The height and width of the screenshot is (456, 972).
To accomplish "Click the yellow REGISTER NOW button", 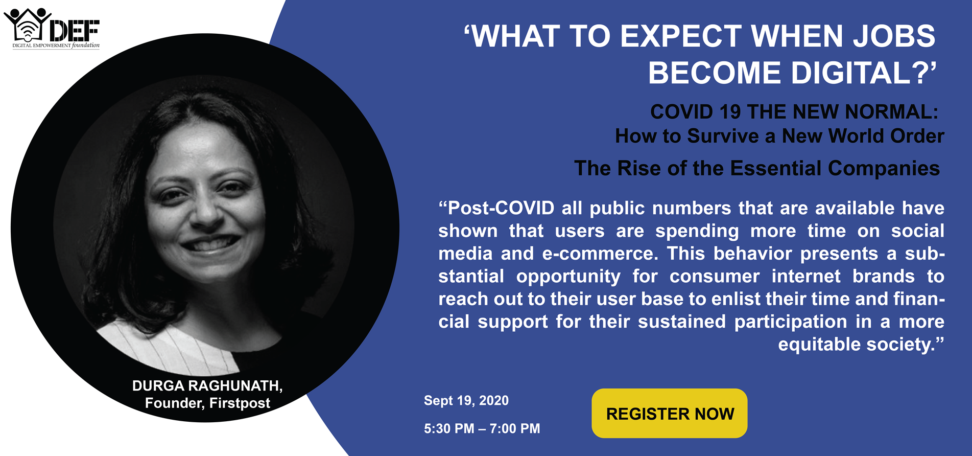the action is pos(669,413).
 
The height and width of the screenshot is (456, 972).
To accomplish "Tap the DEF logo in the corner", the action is pos(52,28).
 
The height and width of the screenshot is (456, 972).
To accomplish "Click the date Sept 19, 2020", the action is pos(466,400).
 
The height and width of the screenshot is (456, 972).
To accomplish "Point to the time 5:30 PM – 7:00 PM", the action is pos(482,428).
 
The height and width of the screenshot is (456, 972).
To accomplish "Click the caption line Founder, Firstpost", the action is pos(207,403).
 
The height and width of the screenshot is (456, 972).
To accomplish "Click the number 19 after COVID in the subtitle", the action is pos(730,111).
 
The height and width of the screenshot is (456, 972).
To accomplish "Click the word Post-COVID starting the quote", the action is pos(496,208).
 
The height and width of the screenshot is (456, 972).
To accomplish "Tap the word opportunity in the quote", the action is pos(568,276).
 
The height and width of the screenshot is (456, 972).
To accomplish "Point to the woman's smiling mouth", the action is pos(210,244).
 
